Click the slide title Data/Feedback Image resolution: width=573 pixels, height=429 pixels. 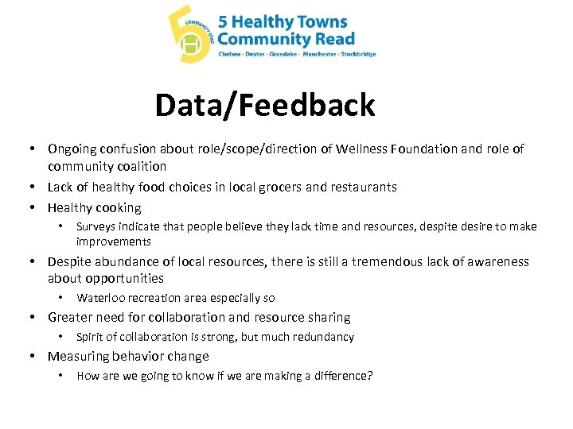coord(264,105)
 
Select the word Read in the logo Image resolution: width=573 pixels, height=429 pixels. coord(334,38)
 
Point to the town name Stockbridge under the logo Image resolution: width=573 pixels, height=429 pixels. coord(358,55)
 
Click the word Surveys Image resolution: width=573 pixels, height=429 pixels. coord(95,226)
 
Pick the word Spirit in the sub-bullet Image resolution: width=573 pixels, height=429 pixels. coord(90,337)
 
